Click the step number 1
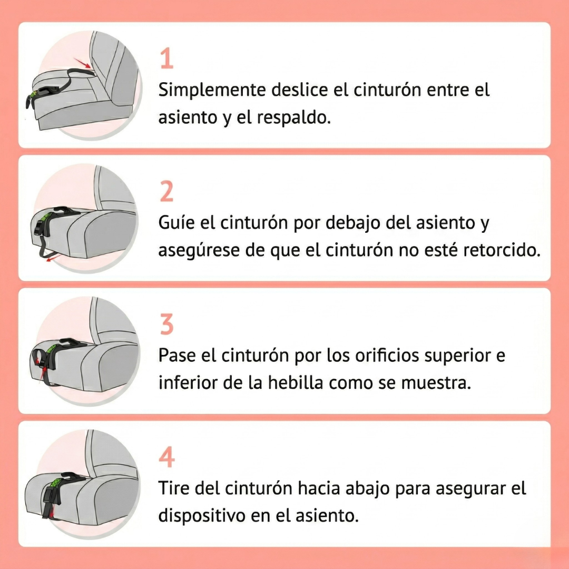coord(166,59)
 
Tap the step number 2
coord(166,192)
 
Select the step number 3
coord(166,325)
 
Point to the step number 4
coord(167,458)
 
